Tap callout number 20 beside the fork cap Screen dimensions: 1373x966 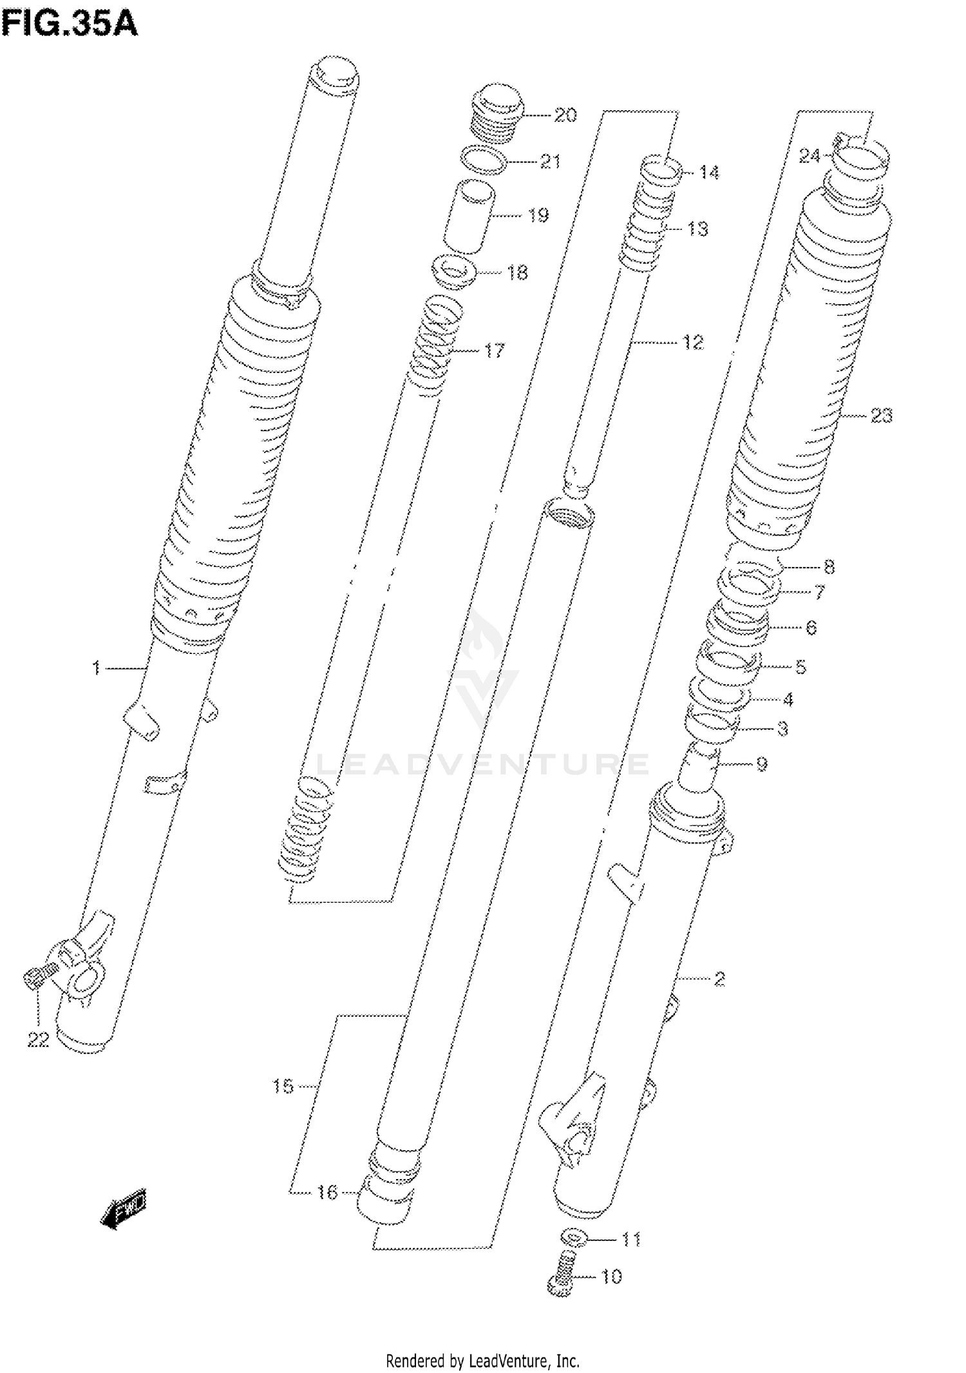(x=565, y=115)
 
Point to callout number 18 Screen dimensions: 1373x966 (x=517, y=273)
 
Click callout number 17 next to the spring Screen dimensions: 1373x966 (x=494, y=350)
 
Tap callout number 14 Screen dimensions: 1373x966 (x=708, y=173)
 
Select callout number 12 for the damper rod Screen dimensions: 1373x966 (x=693, y=343)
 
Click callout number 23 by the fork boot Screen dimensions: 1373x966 (x=881, y=416)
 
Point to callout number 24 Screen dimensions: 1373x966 (x=810, y=156)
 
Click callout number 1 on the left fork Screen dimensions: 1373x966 (x=96, y=668)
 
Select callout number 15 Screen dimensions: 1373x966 (x=283, y=1087)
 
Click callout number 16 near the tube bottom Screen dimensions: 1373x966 (x=327, y=1193)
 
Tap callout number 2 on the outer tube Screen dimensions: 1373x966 (x=719, y=979)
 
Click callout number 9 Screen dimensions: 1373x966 (x=761, y=764)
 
